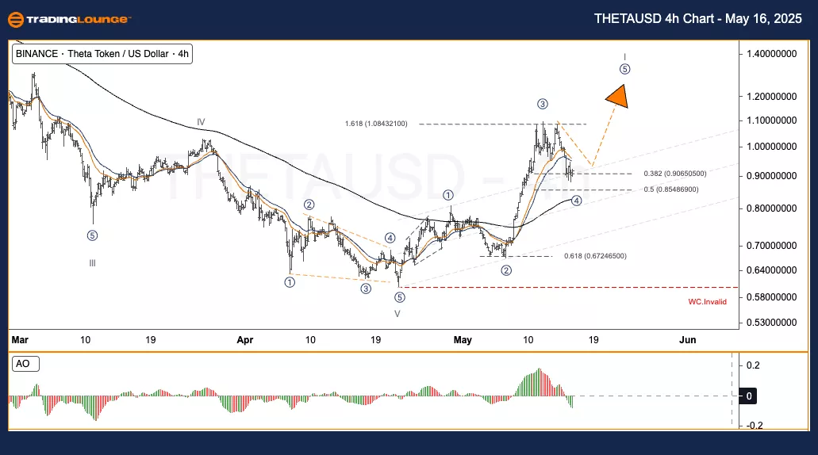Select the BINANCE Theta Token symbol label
point(102,54)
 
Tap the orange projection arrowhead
point(617,97)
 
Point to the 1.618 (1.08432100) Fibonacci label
point(376,124)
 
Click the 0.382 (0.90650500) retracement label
point(675,174)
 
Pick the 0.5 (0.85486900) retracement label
point(672,190)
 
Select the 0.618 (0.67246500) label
point(595,256)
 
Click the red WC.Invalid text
point(707,302)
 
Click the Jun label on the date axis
point(688,340)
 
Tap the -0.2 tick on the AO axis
point(754,426)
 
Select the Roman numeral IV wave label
point(202,122)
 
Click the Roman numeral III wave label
point(92,263)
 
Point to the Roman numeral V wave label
point(398,313)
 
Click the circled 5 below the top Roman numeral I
point(625,69)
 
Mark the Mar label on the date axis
point(20,340)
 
